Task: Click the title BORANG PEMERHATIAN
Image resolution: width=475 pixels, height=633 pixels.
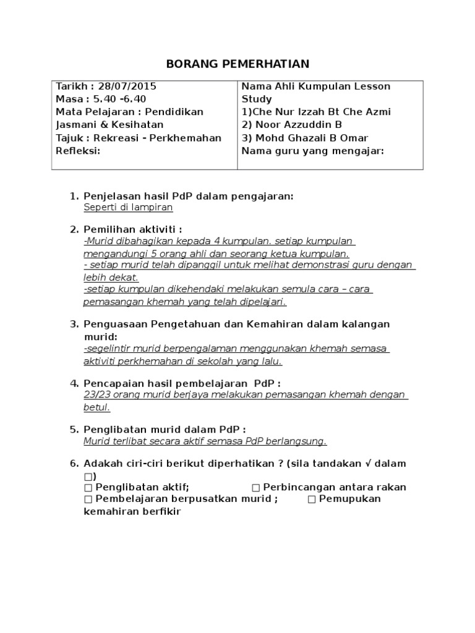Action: [238, 64]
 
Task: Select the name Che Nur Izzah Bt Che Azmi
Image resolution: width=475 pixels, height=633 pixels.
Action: [322, 112]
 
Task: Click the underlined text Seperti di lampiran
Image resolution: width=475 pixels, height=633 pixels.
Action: [128, 208]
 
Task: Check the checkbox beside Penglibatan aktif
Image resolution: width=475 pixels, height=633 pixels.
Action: [88, 487]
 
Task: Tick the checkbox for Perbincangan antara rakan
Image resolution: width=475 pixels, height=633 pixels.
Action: [255, 487]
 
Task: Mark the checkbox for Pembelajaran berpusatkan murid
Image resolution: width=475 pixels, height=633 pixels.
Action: [88, 499]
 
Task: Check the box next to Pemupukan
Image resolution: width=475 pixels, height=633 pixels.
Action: [311, 499]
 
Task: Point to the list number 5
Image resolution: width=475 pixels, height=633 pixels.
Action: [74, 429]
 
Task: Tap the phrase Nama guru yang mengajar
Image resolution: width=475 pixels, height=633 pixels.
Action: [312, 151]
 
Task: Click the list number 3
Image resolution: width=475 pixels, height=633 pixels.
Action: [74, 324]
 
